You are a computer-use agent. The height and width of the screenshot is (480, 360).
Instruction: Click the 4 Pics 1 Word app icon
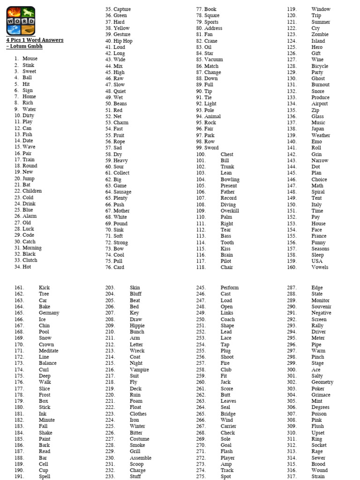21,21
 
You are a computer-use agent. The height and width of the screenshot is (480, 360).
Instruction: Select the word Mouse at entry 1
30,59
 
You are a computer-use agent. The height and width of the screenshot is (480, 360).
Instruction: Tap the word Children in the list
32,191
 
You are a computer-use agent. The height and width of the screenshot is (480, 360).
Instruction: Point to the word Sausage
122,192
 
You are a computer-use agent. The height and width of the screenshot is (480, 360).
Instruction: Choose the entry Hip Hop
123,41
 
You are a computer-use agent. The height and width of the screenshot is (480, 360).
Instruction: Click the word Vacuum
213,60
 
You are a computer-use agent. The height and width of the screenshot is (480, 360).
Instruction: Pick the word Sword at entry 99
211,148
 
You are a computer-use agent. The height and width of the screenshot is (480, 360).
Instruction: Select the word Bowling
230,180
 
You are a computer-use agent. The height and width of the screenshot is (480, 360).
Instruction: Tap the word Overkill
230,211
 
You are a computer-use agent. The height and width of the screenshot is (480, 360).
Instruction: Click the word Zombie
320,35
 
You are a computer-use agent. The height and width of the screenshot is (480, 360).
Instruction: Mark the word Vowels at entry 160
320,267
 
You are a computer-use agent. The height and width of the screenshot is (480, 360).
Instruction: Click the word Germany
49,313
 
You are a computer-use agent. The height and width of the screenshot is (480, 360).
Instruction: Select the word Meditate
48,351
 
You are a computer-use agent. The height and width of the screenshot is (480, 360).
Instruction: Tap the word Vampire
139,370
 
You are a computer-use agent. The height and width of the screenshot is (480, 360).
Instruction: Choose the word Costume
139,439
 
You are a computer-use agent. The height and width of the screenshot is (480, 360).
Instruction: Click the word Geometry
322,382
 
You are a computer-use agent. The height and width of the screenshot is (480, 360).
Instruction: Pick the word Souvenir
321,307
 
